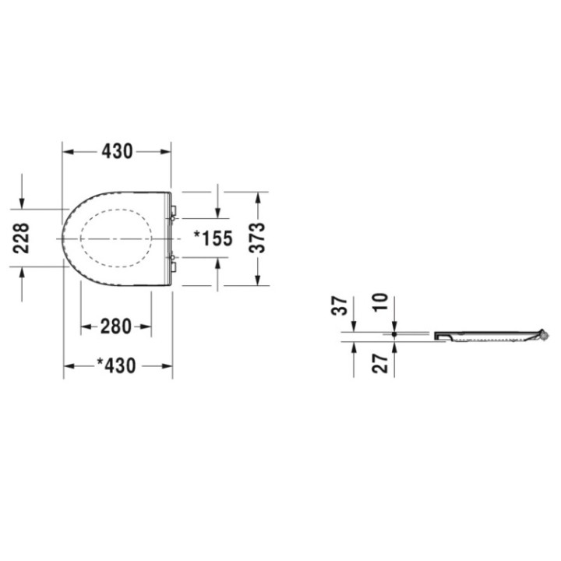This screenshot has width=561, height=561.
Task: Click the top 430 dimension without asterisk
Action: tap(117, 152)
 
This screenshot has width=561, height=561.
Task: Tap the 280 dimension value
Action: tap(116, 327)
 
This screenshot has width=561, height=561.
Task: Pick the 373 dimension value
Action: tap(258, 238)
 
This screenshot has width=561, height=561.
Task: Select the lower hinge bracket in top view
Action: tap(174, 266)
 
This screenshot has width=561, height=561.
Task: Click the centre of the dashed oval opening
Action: tap(115, 238)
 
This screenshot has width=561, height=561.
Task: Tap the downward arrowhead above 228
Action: tap(22, 204)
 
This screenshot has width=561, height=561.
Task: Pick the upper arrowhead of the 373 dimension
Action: tap(258, 195)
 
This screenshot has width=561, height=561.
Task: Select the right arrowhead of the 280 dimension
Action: tap(147, 327)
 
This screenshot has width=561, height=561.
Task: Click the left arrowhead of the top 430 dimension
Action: tap(67, 152)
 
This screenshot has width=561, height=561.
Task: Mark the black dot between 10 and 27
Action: tap(394, 335)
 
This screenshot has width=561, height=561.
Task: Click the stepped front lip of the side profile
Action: tap(443, 336)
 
